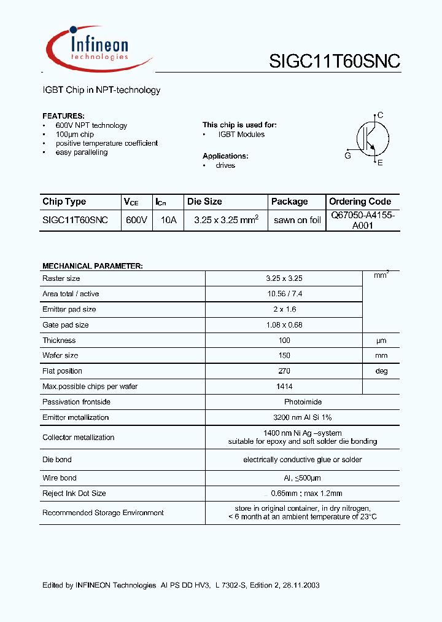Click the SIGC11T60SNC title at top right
(x=335, y=61)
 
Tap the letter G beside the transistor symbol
(x=347, y=156)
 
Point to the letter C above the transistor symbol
(x=380, y=115)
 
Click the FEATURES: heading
(x=63, y=116)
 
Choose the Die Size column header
(x=204, y=202)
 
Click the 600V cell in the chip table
(x=136, y=219)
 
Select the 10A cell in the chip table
(x=168, y=219)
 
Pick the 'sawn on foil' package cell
(x=297, y=220)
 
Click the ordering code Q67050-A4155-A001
(x=362, y=220)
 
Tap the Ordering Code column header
(x=360, y=202)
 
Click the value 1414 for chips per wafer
(x=284, y=387)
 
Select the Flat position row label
(x=62, y=371)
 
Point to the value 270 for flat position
(x=284, y=371)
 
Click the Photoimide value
(x=284, y=402)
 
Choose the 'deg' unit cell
(x=381, y=371)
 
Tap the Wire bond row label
(x=60, y=478)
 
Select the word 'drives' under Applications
(x=225, y=165)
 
